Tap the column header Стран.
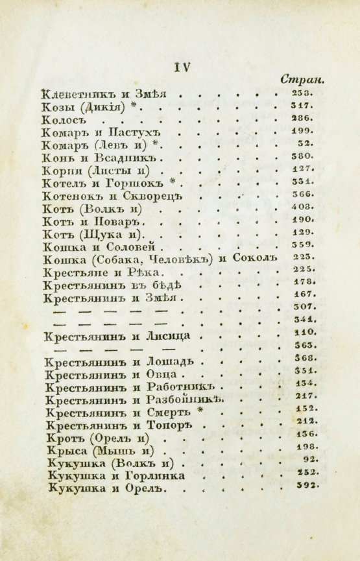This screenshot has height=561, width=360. click(302, 80)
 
